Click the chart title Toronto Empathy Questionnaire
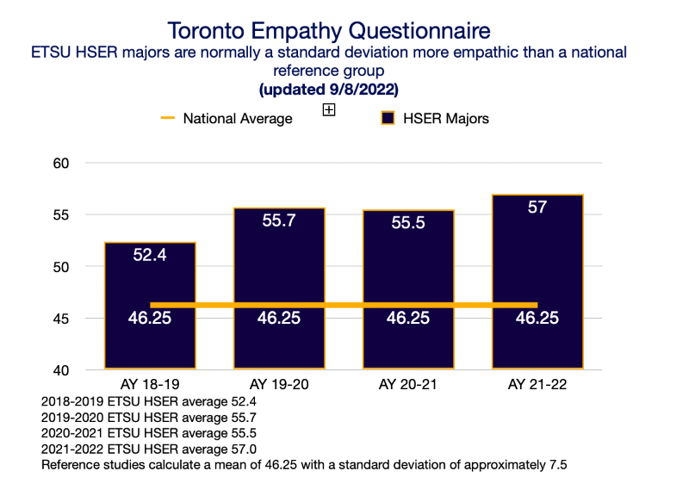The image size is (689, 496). click(329, 31)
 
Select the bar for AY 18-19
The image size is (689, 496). click(150, 344)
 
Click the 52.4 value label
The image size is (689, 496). click(150, 255)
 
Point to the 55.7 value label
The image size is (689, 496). click(279, 220)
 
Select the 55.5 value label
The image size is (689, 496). click(408, 222)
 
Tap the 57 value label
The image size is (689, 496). click(537, 207)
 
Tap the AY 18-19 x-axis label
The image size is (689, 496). click(150, 384)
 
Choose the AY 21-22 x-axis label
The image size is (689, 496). click(537, 384)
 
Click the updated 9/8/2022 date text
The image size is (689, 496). click(329, 90)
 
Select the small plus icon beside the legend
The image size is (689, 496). click(328, 109)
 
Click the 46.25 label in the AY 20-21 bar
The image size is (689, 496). click(408, 318)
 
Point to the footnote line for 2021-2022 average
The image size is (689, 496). click(148, 449)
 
